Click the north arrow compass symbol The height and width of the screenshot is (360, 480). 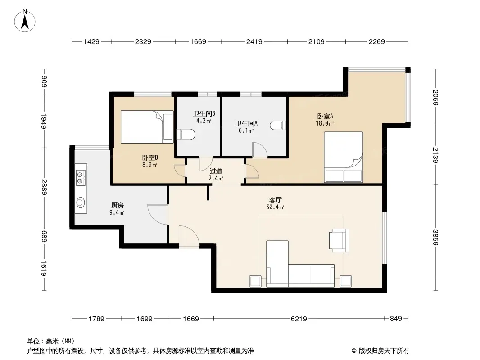(x=25, y=20)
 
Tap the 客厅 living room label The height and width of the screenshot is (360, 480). (x=275, y=200)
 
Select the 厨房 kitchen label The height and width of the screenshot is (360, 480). (x=117, y=206)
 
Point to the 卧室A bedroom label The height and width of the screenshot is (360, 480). (x=325, y=116)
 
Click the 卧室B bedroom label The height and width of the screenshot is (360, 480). (x=150, y=158)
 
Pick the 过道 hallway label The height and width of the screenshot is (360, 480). (x=216, y=171)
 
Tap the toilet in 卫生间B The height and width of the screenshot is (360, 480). (x=186, y=134)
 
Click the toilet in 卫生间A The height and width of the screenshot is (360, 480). (x=278, y=125)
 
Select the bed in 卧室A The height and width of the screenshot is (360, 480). (x=344, y=157)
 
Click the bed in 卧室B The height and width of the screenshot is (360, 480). (x=147, y=127)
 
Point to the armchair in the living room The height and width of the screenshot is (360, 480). (x=339, y=240)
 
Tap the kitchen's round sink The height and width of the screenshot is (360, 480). (x=81, y=202)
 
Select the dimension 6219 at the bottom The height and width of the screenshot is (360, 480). (x=299, y=319)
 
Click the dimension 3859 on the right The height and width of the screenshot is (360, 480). (x=435, y=237)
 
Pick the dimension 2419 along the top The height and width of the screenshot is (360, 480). (x=254, y=41)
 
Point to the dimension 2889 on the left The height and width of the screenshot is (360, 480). (x=44, y=187)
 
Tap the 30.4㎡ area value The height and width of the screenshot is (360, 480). (x=275, y=207)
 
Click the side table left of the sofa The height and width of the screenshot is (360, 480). (x=255, y=281)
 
